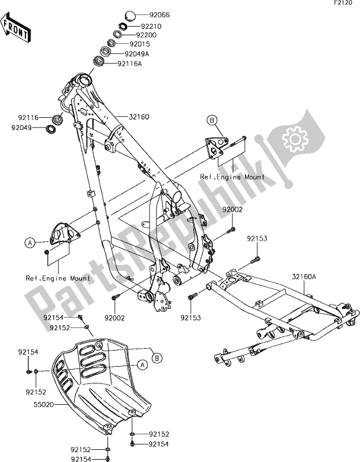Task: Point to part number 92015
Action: pos(140,43)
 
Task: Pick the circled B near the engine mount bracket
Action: pos(212,120)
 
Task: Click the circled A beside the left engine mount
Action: pos(28,244)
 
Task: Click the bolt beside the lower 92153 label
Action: pos(190,297)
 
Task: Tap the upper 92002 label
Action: pos(235,213)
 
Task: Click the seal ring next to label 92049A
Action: pos(105,53)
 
